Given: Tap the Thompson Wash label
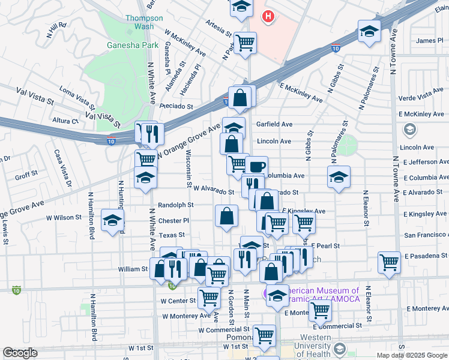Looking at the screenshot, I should click(144, 22).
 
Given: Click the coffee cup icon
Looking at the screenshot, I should click(256, 166).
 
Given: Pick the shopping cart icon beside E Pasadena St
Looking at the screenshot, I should click(390, 262).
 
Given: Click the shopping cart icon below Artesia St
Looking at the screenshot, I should click(245, 43).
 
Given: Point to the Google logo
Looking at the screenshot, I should click(20, 353).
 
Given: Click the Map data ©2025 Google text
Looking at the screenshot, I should click(412, 355).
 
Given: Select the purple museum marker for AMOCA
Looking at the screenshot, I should click(267, 293).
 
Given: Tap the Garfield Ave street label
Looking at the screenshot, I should click(274, 124).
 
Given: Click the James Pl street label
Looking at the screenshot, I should click(429, 41).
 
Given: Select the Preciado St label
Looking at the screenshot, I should click(176, 106).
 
